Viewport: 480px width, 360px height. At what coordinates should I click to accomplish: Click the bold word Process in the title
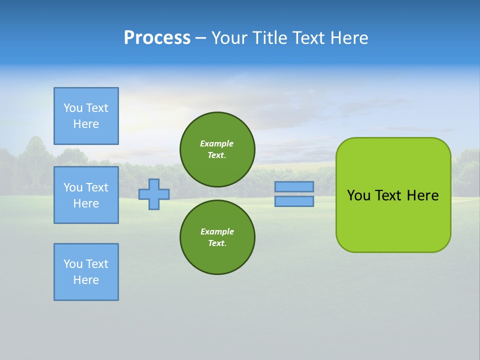pos(157,38)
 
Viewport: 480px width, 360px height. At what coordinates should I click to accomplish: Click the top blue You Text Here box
pos(86,115)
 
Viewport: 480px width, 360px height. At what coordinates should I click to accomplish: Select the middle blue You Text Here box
pos(86,195)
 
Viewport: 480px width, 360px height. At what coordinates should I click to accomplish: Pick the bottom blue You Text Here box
pos(86,272)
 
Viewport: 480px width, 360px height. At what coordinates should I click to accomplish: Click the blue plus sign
pos(154,194)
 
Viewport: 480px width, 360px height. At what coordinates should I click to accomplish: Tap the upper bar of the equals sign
pos(294,186)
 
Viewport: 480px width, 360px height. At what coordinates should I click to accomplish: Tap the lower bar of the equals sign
pos(294,201)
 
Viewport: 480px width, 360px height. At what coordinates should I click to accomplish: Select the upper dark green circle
pos(217,149)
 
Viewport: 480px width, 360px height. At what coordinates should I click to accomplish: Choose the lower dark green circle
pos(217,237)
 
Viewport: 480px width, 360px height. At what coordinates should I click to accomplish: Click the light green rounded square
pos(393,195)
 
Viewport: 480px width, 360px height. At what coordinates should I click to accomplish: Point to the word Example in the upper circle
pos(216,143)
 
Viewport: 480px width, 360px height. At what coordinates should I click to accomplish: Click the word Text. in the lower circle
pos(217,243)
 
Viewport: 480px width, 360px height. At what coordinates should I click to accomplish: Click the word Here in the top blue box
pos(86,124)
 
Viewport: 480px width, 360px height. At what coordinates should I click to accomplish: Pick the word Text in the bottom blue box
pos(95,264)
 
